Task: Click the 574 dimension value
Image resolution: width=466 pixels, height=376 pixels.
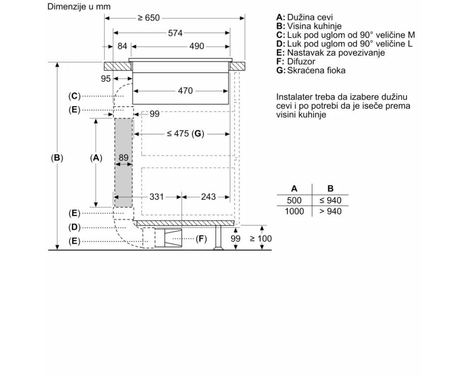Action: [175, 33]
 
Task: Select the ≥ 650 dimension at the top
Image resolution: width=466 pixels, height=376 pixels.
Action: [148, 18]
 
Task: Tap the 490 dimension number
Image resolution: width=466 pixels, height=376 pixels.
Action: [197, 46]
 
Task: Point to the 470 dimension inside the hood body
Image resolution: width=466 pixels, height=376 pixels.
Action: [185, 91]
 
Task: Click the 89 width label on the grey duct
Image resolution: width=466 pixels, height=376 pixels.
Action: [123, 157]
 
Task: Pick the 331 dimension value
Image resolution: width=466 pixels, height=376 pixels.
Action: [157, 197]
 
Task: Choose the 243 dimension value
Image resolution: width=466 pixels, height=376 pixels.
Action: [208, 197]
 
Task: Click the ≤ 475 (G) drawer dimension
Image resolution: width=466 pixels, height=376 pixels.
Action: [186, 134]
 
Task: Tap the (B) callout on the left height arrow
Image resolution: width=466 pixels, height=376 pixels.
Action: [57, 158]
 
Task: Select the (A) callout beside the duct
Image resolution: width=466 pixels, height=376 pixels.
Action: [96, 158]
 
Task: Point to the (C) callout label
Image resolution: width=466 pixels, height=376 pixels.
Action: [74, 96]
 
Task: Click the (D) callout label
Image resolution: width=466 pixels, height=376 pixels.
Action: [74, 227]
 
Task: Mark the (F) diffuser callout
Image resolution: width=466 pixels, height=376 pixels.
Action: [201, 238]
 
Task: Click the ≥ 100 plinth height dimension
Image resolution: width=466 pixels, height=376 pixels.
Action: [261, 238]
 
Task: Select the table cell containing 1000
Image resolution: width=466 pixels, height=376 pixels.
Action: [294, 211]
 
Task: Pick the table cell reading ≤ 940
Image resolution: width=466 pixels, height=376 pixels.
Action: [330, 200]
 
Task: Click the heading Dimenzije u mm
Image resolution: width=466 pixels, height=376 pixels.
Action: [79, 6]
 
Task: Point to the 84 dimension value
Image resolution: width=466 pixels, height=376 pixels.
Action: [122, 46]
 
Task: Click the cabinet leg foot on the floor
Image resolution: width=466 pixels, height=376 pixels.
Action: [218, 248]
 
